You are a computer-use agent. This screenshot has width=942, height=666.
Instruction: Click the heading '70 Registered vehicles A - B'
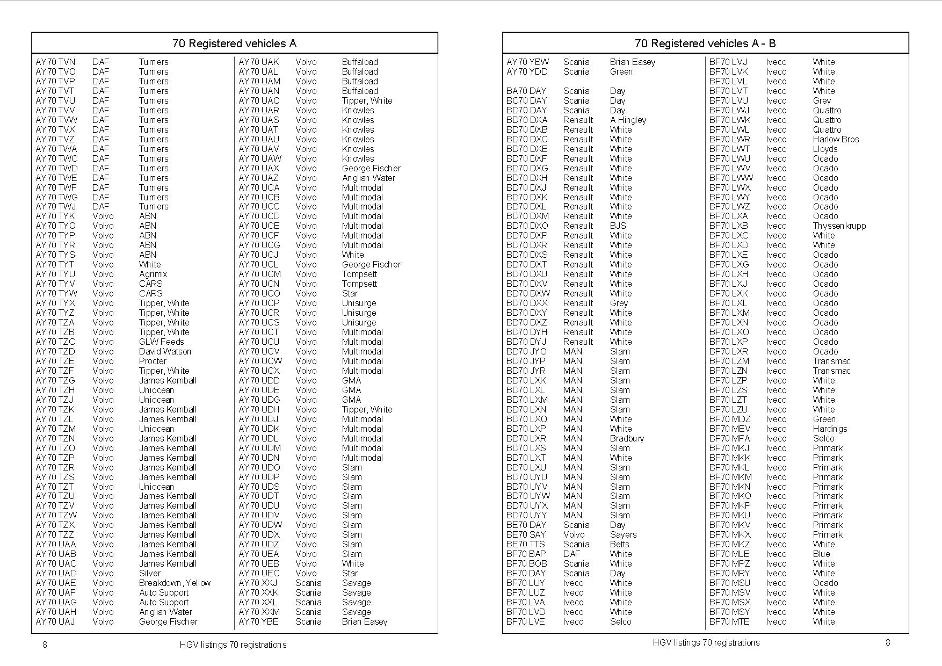pyautogui.click(x=705, y=44)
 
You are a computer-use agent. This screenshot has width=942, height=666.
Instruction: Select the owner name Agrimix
pyautogui.click(x=153, y=274)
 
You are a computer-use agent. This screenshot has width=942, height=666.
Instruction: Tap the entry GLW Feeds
pyautogui.click(x=161, y=342)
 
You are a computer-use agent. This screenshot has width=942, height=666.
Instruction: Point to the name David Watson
pyautogui.click(x=165, y=351)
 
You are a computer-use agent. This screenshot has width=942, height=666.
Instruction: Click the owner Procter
pyautogui.click(x=153, y=361)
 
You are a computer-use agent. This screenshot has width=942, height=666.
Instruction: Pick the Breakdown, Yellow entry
pyautogui.click(x=175, y=583)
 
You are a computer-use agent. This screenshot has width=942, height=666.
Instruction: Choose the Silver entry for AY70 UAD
pyautogui.click(x=150, y=573)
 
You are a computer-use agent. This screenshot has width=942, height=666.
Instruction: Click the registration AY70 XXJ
pyautogui.click(x=258, y=583)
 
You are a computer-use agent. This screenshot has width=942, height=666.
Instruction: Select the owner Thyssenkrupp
pyautogui.click(x=839, y=226)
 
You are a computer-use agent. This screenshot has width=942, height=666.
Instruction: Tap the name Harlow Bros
pyautogui.click(x=836, y=139)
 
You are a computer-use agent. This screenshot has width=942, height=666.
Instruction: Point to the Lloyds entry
pyautogui.click(x=825, y=149)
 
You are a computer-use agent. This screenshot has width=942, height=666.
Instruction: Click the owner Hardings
pyautogui.click(x=830, y=429)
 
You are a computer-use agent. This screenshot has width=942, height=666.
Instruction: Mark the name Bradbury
pyautogui.click(x=627, y=438)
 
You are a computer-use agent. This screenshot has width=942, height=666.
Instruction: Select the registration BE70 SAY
pyautogui.click(x=526, y=534)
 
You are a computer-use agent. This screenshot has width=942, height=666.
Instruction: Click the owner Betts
pyautogui.click(x=619, y=544)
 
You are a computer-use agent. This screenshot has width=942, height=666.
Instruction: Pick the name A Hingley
pyautogui.click(x=628, y=120)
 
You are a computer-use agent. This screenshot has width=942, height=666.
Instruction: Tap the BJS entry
pyautogui.click(x=618, y=226)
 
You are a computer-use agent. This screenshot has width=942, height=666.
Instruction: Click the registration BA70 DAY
pyautogui.click(x=526, y=91)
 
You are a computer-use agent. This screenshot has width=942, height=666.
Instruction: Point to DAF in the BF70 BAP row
pyautogui.click(x=571, y=554)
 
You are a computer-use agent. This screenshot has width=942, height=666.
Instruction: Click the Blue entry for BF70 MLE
pyautogui.click(x=821, y=554)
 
